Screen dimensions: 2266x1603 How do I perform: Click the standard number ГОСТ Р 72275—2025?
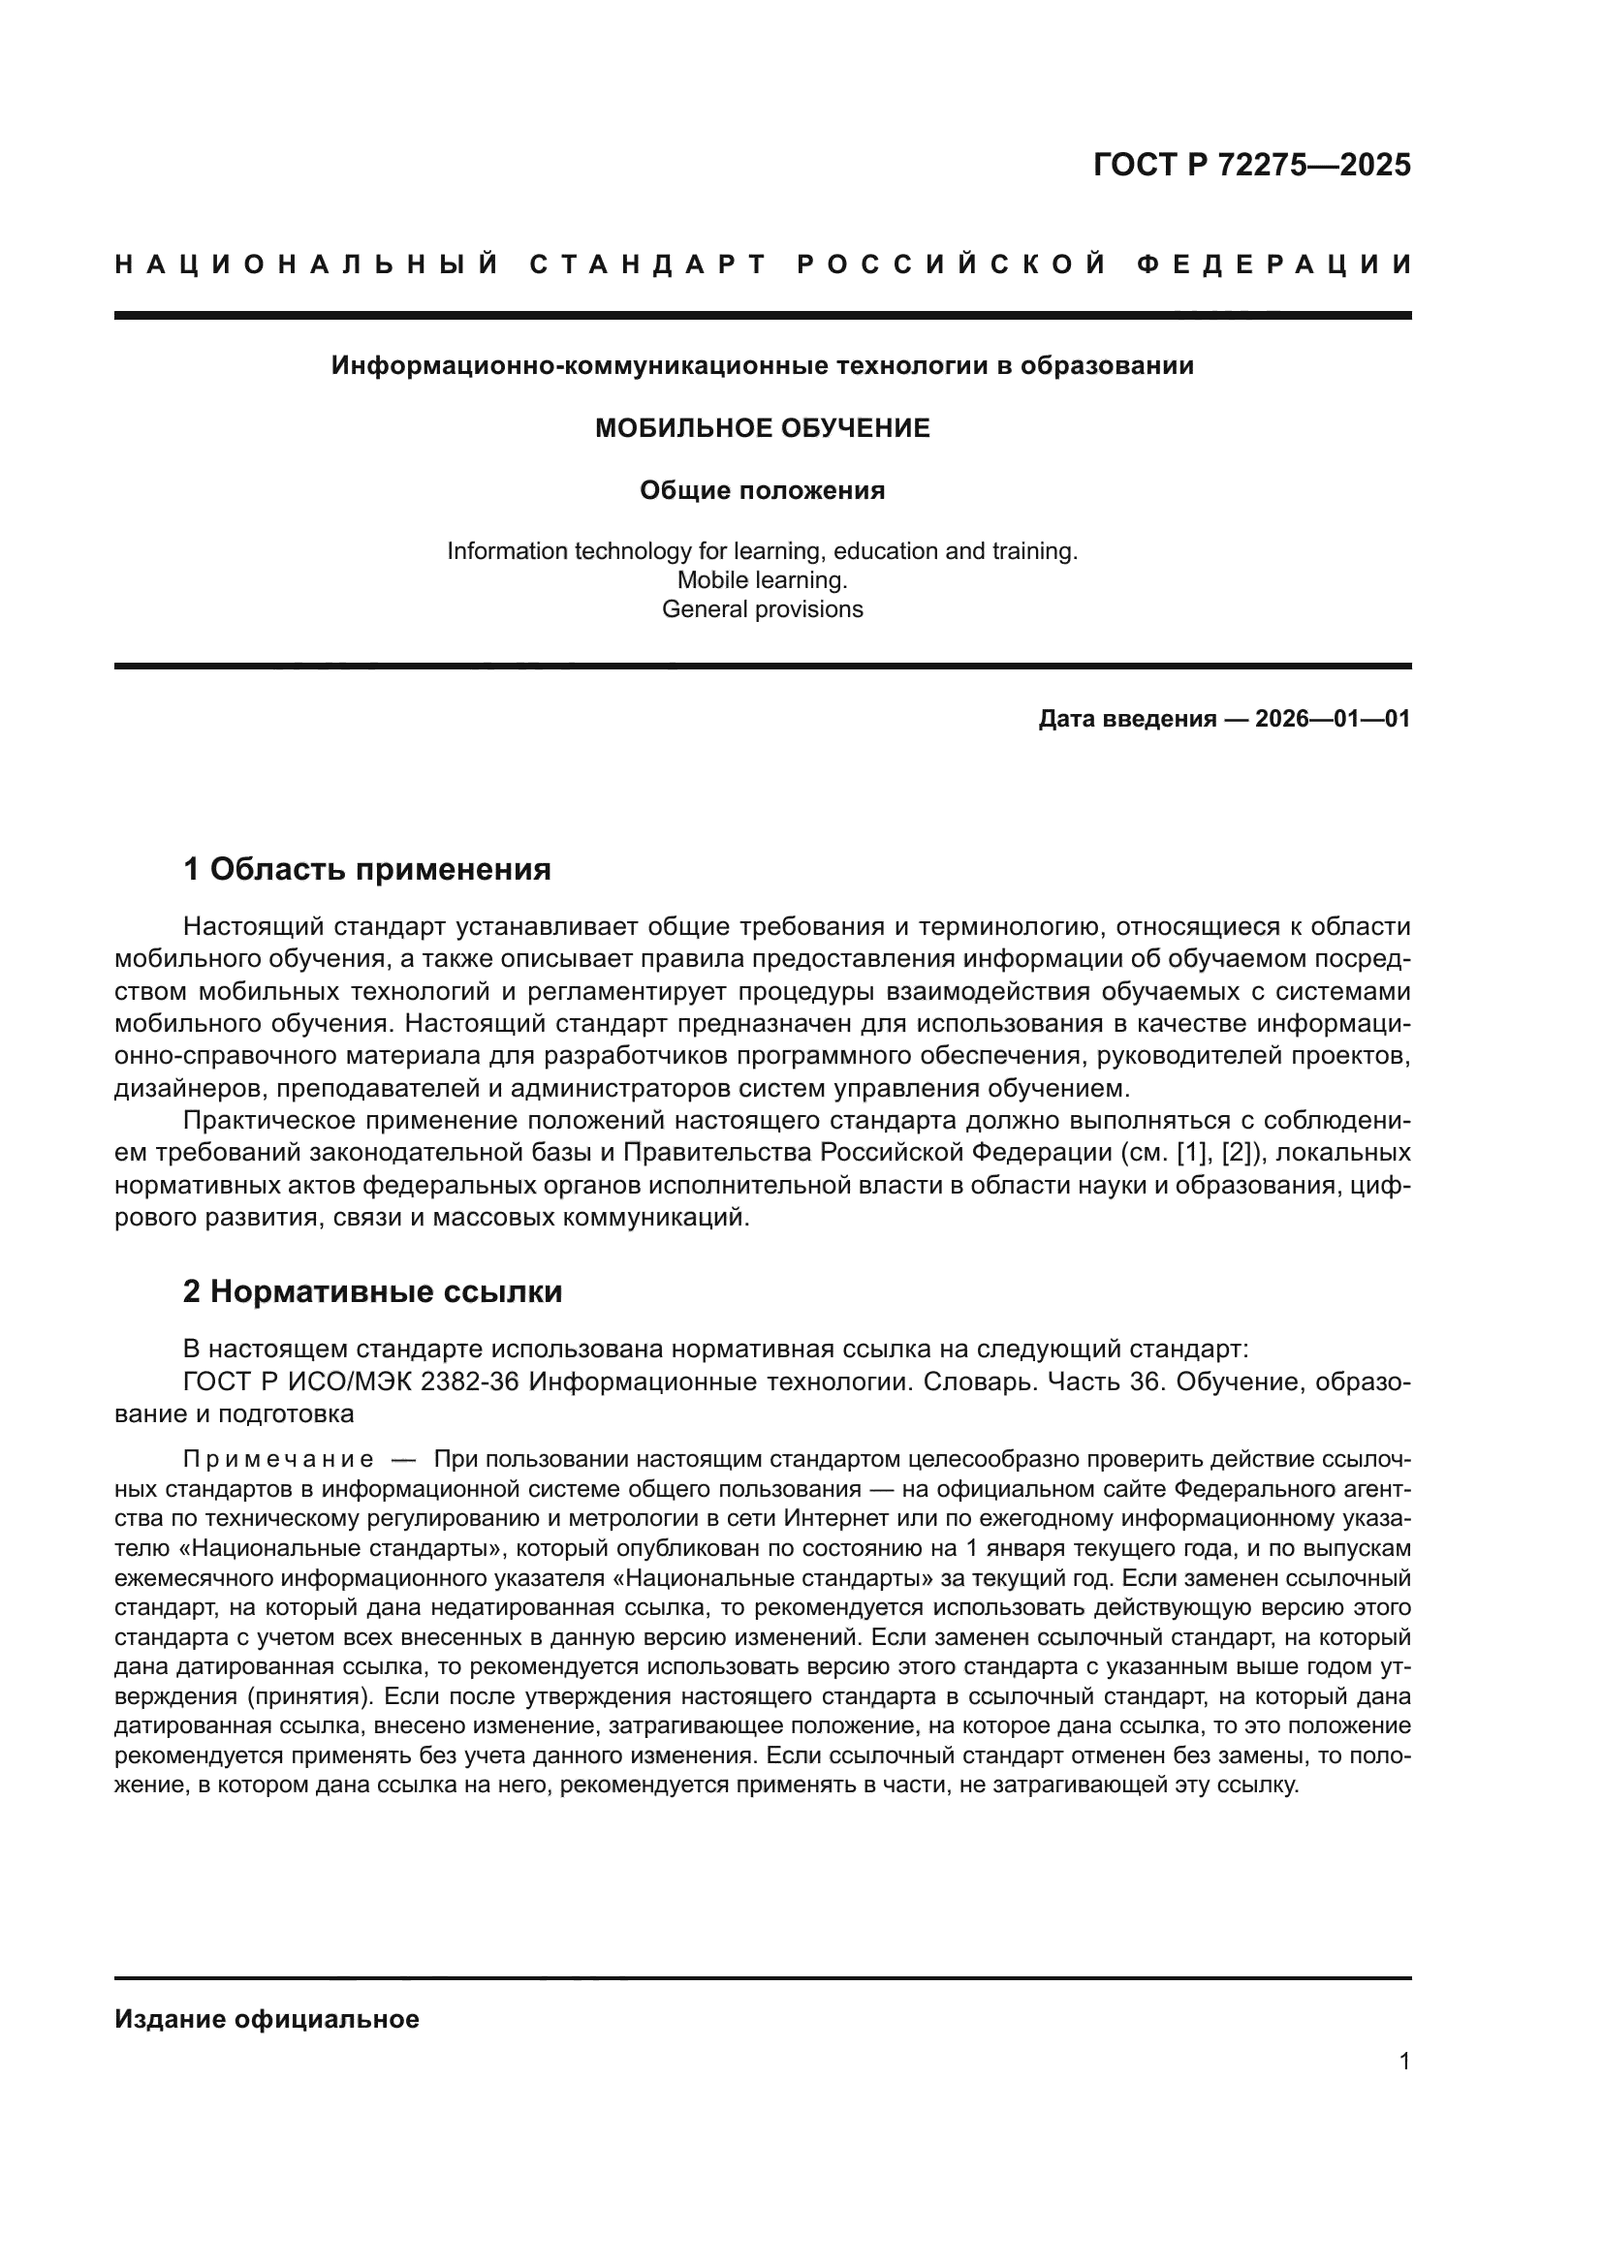coord(1251,165)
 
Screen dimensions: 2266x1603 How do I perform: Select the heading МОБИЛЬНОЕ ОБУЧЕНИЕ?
coord(762,428)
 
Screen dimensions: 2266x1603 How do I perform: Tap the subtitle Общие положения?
coord(762,490)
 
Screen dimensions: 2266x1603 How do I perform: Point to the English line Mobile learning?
coord(762,580)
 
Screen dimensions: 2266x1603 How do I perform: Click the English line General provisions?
coord(762,610)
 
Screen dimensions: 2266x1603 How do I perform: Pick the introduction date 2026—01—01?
coord(1333,720)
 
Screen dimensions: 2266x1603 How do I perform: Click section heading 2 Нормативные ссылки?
coord(372,1292)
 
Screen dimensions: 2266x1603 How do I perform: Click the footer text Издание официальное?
coord(267,2019)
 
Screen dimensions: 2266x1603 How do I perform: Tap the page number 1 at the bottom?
coord(1404,2062)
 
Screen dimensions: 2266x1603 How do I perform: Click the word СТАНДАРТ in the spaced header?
coord(648,264)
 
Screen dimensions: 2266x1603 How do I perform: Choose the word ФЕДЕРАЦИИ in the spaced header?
coord(1274,264)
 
